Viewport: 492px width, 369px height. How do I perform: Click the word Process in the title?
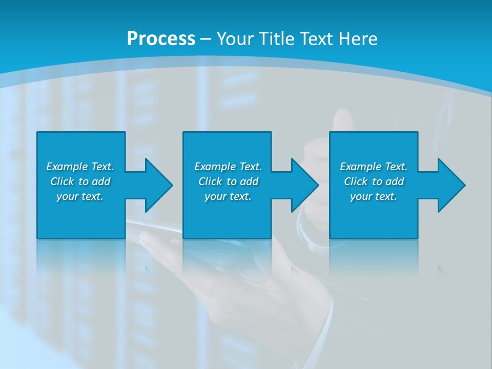point(161,38)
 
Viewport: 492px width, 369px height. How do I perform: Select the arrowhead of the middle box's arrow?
point(304,185)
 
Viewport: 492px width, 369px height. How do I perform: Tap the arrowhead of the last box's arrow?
point(451,185)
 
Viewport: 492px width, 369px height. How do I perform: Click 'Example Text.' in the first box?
point(80,167)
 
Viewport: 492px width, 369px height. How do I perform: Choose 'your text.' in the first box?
point(80,196)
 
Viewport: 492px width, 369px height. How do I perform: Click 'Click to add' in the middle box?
point(228,181)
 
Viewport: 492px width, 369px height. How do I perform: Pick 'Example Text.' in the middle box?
point(228,167)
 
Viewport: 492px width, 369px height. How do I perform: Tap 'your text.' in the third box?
point(374,196)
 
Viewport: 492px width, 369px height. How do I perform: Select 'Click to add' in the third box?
point(374,181)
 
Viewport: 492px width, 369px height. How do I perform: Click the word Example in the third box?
point(361,167)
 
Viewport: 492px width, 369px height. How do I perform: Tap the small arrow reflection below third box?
point(441,270)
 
